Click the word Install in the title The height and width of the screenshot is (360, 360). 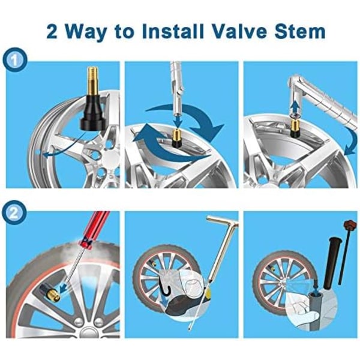pos(173,31)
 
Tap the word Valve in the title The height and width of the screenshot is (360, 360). pos(239,31)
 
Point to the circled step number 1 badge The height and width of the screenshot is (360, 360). pos(14,60)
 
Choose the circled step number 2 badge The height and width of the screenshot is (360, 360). pos(14,213)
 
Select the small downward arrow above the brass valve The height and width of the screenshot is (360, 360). pos(177,120)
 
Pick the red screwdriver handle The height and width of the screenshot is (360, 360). pos(95,229)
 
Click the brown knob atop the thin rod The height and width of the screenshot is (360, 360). pos(349,224)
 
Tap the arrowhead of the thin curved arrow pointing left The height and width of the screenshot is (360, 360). pos(46,155)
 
